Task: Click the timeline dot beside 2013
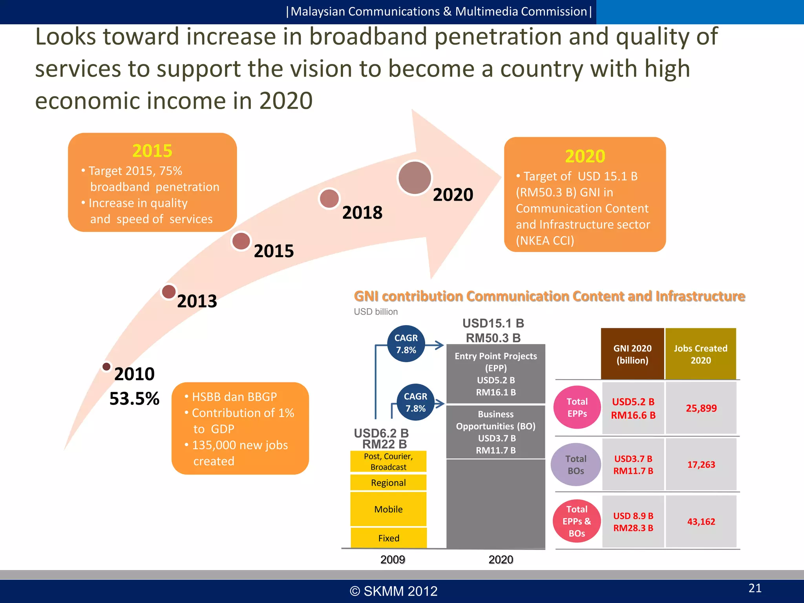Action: [169, 292]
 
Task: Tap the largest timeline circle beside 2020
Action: [415, 178]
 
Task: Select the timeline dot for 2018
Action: [329, 199]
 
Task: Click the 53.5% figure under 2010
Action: [134, 398]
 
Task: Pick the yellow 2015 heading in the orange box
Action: [152, 151]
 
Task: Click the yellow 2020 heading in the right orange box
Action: [585, 156]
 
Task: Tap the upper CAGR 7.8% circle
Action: [406, 344]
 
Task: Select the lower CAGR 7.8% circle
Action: [415, 402]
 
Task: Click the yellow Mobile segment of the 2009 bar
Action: [388, 509]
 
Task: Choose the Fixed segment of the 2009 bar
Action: [388, 538]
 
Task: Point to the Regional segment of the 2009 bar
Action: [388, 482]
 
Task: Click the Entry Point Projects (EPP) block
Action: [496, 374]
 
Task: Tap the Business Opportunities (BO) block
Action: [496, 432]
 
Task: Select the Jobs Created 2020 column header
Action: [700, 354]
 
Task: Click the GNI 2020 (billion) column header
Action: [632, 354]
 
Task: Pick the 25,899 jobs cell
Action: [701, 408]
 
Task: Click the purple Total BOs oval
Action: [576, 465]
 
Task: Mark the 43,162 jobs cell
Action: [701, 522]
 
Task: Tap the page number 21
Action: [755, 588]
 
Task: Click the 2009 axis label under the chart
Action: [393, 559]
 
